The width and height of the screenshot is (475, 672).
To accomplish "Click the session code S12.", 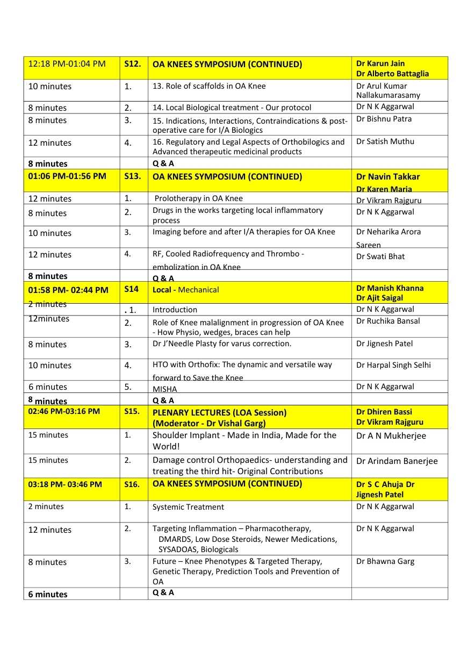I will tap(132, 64).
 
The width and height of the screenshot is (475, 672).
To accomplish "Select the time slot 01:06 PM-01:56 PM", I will tap(67, 176).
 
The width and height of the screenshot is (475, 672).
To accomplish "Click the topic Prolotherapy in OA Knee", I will tap(198, 198).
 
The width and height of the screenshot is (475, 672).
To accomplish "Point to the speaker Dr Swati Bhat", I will tap(380, 256).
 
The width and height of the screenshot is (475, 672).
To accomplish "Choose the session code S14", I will tap(131, 289).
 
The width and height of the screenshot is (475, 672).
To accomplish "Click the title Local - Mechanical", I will tap(185, 290).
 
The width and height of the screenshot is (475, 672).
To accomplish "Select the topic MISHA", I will tap(164, 389).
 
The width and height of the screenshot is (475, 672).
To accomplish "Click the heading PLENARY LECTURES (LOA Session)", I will tap(219, 413).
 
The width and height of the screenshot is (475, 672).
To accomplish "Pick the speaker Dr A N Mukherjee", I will tap(391, 436).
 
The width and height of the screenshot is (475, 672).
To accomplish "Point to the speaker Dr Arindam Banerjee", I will tap(397, 461).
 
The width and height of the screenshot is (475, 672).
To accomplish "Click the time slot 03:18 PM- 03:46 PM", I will tap(64, 484).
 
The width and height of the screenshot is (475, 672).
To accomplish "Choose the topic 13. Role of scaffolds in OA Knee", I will tap(209, 86).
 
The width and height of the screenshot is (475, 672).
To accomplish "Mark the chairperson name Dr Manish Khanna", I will tap(390, 288).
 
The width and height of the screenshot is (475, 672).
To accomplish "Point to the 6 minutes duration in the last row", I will tap(48, 594).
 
